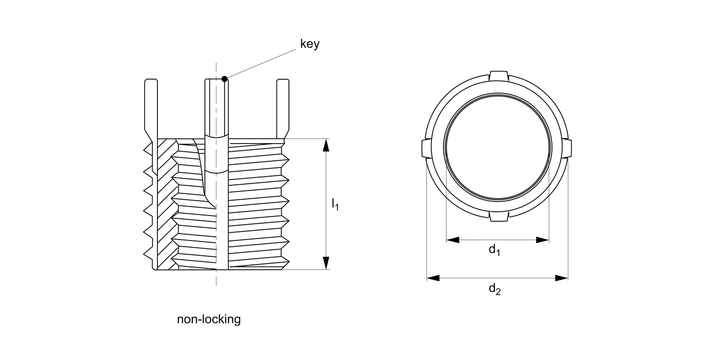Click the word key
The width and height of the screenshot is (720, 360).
(x=310, y=45)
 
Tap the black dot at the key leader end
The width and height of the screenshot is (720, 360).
(x=224, y=78)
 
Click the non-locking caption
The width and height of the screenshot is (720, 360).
(x=209, y=320)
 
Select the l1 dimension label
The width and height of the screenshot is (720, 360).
(x=335, y=205)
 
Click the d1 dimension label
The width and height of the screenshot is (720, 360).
(x=494, y=250)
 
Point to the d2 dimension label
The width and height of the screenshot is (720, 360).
(x=494, y=289)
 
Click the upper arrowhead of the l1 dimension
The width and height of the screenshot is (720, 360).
(x=326, y=145)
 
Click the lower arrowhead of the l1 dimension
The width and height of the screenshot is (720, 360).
(x=326, y=263)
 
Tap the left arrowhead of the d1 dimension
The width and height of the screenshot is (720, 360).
(x=453, y=240)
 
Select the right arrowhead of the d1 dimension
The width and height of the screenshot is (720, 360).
(x=542, y=240)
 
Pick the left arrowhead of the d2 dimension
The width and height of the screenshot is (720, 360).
(x=433, y=278)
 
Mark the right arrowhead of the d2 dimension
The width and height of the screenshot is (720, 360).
(x=562, y=278)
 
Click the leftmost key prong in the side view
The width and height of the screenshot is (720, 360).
(x=151, y=108)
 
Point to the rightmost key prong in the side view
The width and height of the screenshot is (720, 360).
(x=283, y=108)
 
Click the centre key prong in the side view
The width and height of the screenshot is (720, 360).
(x=216, y=108)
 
